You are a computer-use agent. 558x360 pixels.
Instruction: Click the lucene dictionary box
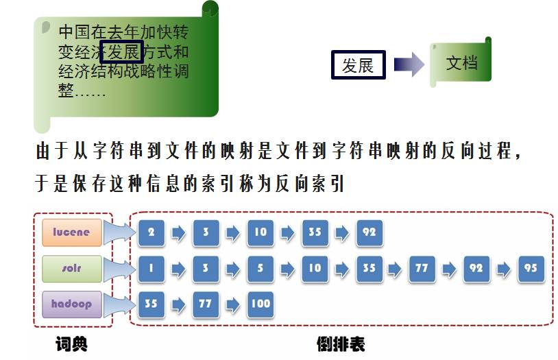[x=71, y=232]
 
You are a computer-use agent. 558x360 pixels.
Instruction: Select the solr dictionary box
[x=71, y=268]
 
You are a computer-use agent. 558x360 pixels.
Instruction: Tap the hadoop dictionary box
[x=71, y=304]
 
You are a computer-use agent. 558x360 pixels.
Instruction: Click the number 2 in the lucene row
[x=151, y=232]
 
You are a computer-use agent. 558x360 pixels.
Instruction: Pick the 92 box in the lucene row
[x=369, y=232]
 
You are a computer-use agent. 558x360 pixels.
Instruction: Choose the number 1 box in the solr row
[x=151, y=268]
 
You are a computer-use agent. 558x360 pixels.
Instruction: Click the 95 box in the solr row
[x=531, y=268]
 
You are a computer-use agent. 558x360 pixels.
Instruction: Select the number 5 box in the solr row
[x=260, y=268]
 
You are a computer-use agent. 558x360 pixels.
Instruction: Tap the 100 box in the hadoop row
[x=260, y=304]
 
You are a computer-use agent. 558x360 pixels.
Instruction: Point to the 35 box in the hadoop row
[x=151, y=304]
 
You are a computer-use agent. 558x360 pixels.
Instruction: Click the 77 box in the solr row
[x=422, y=268]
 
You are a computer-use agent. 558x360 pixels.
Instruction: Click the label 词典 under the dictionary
[x=71, y=343]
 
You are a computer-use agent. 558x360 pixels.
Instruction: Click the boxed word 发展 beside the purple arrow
[x=358, y=65]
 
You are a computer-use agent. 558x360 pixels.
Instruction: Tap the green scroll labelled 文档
[x=461, y=64]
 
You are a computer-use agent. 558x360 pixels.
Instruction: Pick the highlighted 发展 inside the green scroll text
[x=121, y=51]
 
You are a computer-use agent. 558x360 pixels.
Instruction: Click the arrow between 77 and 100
[x=233, y=304]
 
